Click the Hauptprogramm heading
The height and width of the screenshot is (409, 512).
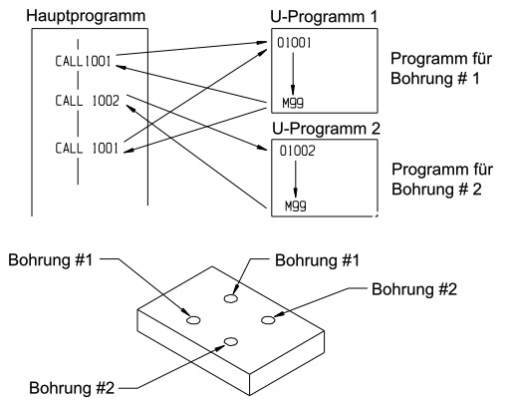click(x=86, y=17)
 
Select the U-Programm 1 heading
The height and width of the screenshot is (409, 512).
click(x=324, y=17)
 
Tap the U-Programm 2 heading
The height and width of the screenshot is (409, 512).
click(x=326, y=129)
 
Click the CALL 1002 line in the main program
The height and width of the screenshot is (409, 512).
click(x=87, y=101)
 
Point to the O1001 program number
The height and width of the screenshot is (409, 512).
click(x=294, y=43)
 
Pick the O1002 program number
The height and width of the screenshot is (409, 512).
click(x=297, y=151)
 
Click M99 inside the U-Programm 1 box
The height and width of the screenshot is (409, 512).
click(x=293, y=103)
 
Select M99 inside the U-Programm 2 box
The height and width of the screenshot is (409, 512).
click(x=296, y=206)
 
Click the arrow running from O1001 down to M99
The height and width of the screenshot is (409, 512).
click(x=293, y=74)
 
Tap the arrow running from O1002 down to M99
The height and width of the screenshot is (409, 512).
click(x=296, y=180)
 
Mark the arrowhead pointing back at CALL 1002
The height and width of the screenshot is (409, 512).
click(x=131, y=108)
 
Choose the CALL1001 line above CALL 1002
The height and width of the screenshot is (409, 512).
click(x=83, y=61)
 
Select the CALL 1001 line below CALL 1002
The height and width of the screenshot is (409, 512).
click(x=87, y=148)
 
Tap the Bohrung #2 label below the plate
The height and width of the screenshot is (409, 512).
click(x=72, y=388)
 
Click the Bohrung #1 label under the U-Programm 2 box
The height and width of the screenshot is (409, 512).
click(x=317, y=260)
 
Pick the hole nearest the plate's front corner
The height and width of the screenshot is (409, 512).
click(x=231, y=341)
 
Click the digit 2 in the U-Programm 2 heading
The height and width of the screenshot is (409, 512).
click(x=376, y=129)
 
